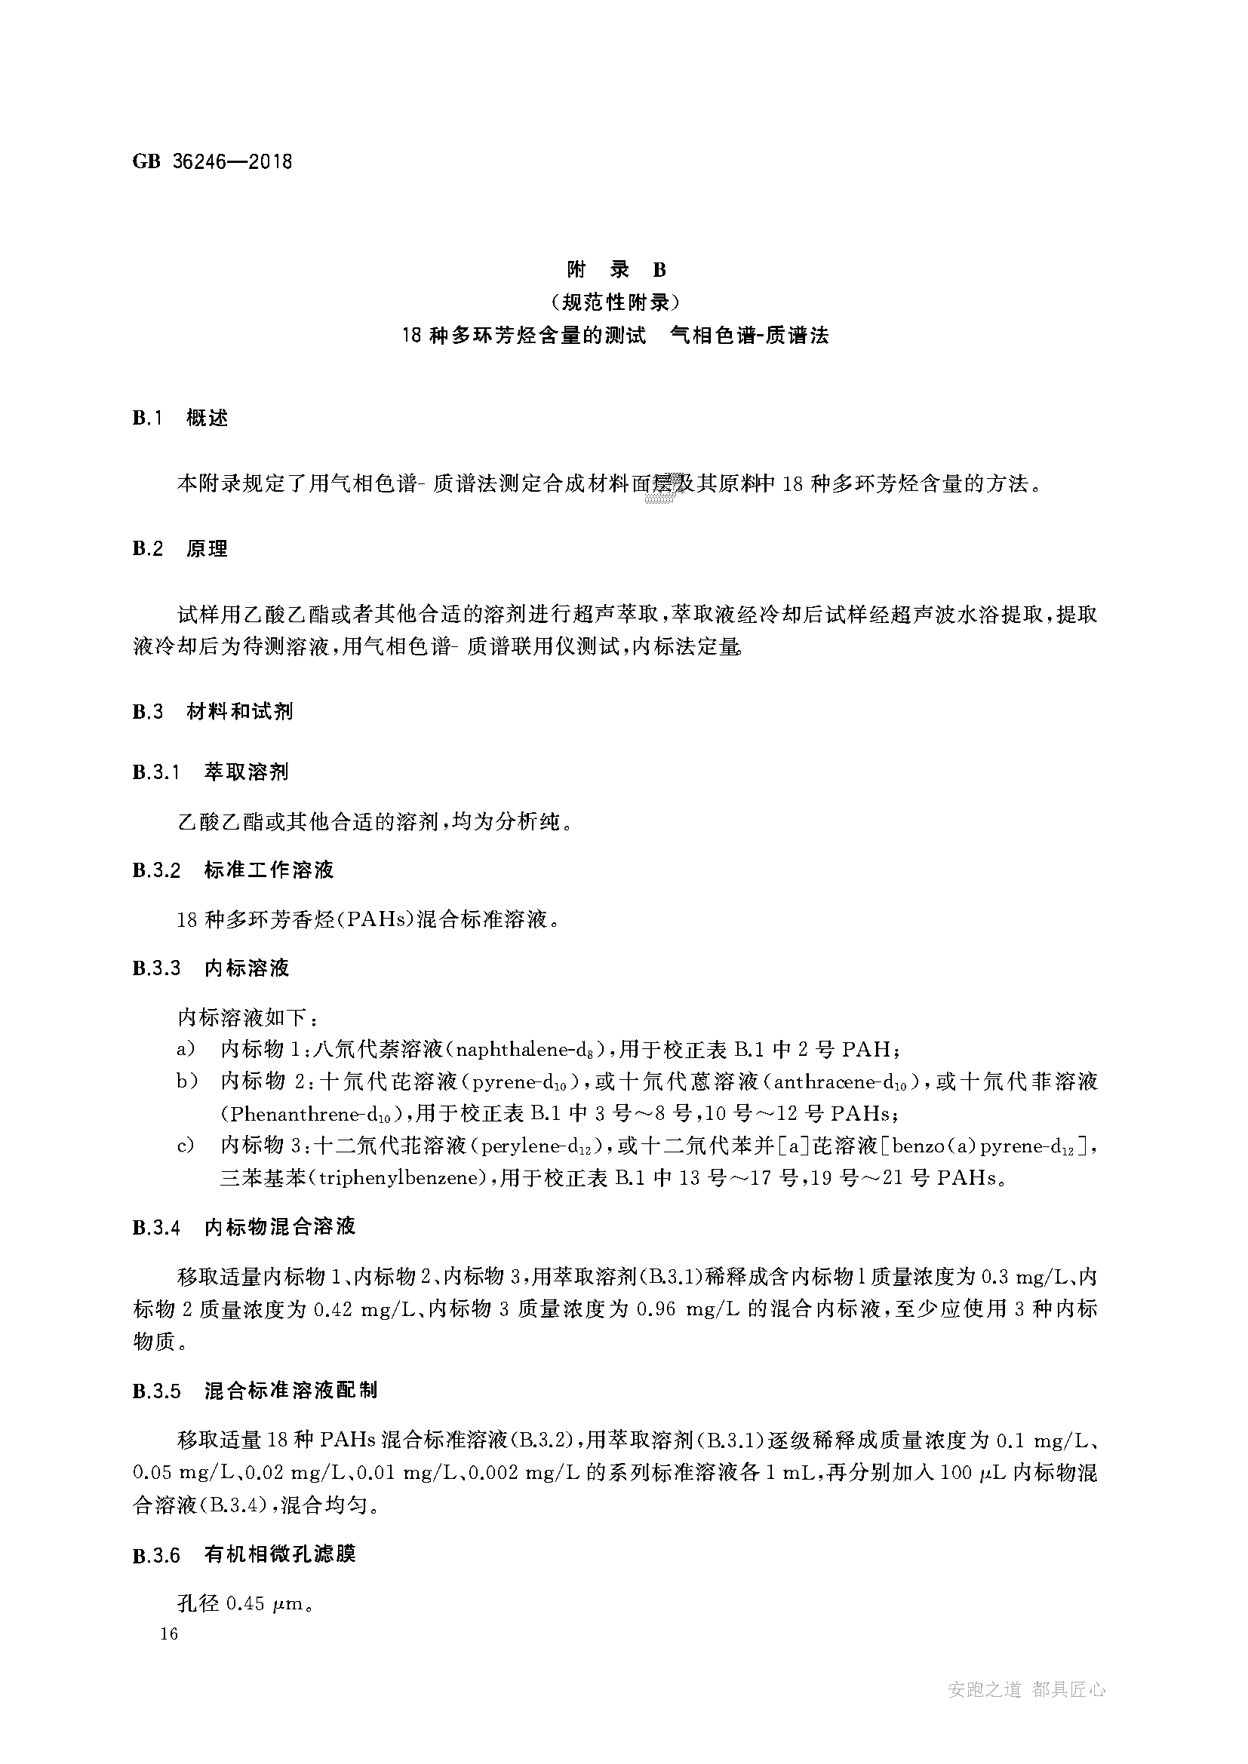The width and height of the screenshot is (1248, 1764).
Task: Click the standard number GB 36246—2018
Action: pyautogui.click(x=212, y=162)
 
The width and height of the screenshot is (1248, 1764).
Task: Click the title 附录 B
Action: pyautogui.click(x=616, y=269)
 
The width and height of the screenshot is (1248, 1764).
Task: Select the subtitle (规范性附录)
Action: pyautogui.click(x=616, y=302)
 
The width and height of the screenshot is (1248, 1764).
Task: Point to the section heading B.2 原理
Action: pyautogui.click(x=180, y=548)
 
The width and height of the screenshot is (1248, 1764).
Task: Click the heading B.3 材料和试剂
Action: pyautogui.click(x=212, y=711)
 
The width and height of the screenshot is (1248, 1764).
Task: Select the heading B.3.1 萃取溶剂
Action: pyautogui.click(x=211, y=772)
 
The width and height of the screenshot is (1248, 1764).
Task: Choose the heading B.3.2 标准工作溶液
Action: pyautogui.click(x=233, y=870)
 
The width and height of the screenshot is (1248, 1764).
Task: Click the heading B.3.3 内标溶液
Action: pyautogui.click(x=211, y=968)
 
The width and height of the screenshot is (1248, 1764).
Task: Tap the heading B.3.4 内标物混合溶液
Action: pyautogui.click(x=244, y=1226)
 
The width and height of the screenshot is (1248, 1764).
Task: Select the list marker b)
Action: pyautogui.click(x=188, y=1081)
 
